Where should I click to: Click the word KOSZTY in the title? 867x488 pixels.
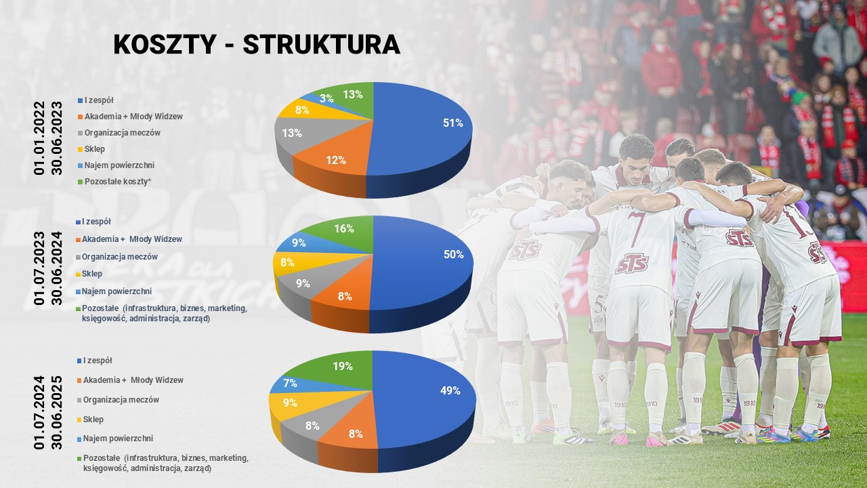[165, 45]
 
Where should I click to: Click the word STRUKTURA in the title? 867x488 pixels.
[321, 45]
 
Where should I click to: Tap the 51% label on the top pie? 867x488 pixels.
[453, 123]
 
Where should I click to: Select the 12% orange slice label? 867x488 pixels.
[335, 161]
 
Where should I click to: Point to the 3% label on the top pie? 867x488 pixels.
[326, 99]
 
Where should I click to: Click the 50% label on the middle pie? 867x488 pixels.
[454, 254]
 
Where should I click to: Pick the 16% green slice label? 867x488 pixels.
[344, 229]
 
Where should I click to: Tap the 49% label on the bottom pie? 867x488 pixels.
[450, 391]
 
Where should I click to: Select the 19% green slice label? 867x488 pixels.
[343, 367]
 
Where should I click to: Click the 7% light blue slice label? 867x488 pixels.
[290, 384]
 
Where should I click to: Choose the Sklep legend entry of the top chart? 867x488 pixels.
[94, 149]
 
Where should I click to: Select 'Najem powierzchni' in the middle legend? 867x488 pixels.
[117, 291]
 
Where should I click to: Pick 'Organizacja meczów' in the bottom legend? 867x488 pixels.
[121, 400]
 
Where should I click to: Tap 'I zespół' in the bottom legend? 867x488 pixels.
[98, 361]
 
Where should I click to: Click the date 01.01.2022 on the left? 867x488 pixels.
[39, 138]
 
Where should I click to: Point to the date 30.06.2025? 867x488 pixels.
[56, 413]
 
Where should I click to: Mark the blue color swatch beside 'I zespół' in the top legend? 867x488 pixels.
[80, 101]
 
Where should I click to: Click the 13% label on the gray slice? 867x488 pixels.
[292, 134]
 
